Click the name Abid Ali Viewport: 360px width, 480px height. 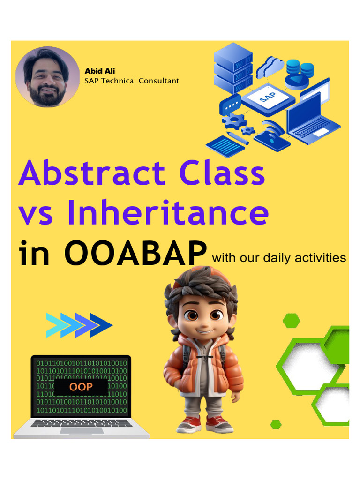[100, 71]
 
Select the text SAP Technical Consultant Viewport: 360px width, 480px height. [132, 81]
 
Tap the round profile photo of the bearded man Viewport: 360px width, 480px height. [47, 76]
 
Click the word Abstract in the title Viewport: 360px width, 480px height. [92, 172]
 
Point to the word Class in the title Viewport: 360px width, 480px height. [222, 172]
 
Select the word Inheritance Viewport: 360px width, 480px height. [168, 212]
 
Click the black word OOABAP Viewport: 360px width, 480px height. [135, 253]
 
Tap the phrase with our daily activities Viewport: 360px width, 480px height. [279, 258]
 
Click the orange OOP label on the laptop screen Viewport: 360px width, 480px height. [81, 387]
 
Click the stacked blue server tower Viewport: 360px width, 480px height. [233, 68]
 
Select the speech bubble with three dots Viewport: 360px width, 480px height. [230, 105]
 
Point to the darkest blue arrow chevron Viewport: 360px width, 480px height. [102, 325]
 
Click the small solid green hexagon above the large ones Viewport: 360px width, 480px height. [292, 321]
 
